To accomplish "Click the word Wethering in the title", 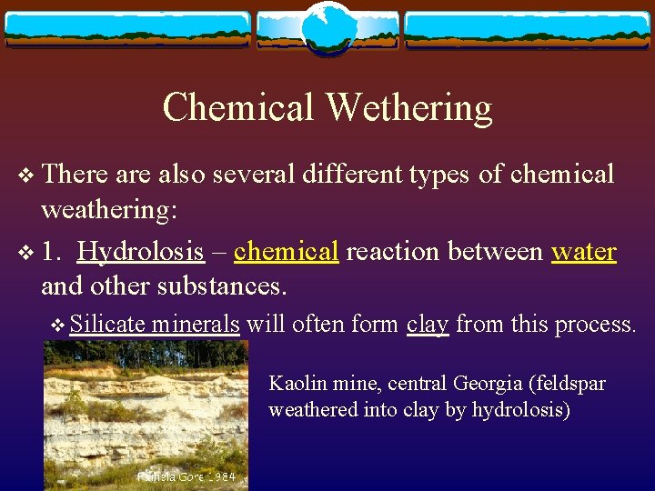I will tap(408, 108).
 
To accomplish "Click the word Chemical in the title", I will tap(238, 108).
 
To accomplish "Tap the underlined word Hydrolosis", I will tap(141, 251).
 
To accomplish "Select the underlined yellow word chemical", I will tap(287, 251).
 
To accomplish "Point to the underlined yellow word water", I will tap(584, 251).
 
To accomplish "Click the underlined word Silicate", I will tap(107, 324).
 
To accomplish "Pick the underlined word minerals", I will tap(196, 324).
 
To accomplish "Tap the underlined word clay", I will tap(428, 324).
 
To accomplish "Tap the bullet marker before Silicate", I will tap(58, 326).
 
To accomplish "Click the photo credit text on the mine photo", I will tap(186, 476).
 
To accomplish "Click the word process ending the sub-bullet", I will tap(595, 324).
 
